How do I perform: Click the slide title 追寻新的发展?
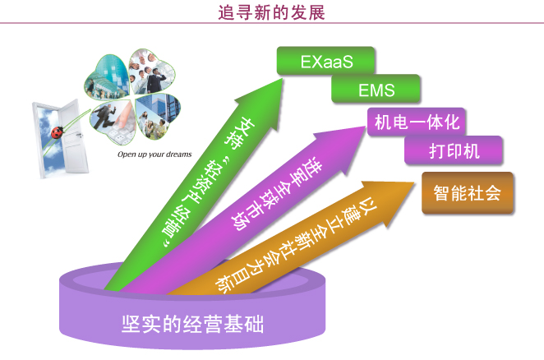pyautogui.click(x=271, y=12)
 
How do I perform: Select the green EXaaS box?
pyautogui.click(x=325, y=61)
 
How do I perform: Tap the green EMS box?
pyautogui.click(x=376, y=90)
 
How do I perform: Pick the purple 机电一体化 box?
pyautogui.click(x=417, y=122)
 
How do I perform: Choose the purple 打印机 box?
pyautogui.click(x=454, y=150)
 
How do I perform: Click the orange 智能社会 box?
pyautogui.click(x=468, y=192)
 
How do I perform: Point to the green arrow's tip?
pyautogui.click(x=283, y=79)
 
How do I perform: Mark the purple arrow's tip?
pyautogui.click(x=366, y=127)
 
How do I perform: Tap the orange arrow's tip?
pyautogui.click(x=415, y=183)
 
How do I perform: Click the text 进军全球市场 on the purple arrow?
pyautogui.click(x=276, y=195)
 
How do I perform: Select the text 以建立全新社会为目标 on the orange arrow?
pyautogui.click(x=296, y=244)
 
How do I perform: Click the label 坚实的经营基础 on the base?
pyautogui.click(x=192, y=324)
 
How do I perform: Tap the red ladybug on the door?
pyautogui.click(x=58, y=132)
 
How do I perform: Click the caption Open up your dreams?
pyautogui.click(x=154, y=155)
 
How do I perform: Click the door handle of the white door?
pyautogui.click(x=80, y=136)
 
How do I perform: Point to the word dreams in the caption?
pyautogui.click(x=179, y=155)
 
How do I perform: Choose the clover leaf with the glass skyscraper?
pyautogui.click(x=157, y=114)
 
